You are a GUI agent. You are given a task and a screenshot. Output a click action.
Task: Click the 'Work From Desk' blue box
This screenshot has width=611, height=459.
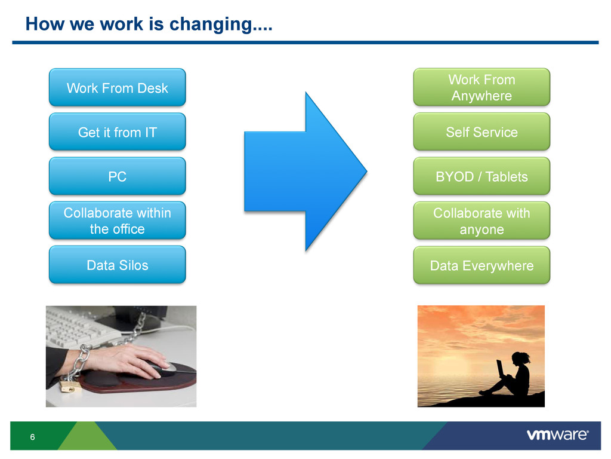click(118, 87)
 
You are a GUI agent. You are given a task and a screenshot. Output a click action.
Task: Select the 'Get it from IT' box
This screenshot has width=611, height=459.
click(118, 132)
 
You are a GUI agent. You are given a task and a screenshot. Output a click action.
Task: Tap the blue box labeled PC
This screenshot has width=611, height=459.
click(118, 176)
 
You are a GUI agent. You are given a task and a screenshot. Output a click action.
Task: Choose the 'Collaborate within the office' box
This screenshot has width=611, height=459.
click(118, 221)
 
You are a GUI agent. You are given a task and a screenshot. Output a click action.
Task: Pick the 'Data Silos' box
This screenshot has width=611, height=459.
click(118, 265)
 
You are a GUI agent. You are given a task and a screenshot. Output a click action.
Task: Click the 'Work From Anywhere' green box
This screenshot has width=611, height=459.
click(482, 87)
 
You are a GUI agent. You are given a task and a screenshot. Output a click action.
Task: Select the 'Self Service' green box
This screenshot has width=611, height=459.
click(482, 132)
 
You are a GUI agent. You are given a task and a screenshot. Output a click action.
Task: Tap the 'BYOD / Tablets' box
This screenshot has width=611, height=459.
click(482, 176)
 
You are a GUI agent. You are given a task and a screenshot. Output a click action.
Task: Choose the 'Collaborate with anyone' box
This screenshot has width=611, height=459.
click(482, 221)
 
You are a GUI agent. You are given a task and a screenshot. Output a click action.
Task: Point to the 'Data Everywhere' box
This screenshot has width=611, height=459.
click(482, 265)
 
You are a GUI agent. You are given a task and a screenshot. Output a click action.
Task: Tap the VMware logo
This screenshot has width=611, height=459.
click(558, 435)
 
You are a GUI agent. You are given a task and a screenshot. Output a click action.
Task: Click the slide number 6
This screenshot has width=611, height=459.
click(32, 437)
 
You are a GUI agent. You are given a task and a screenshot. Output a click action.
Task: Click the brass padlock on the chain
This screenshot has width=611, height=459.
click(69, 387)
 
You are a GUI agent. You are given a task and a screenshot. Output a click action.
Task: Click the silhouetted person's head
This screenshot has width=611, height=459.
click(520, 359)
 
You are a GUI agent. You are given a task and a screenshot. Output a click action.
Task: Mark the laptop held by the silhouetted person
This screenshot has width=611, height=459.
click(501, 369)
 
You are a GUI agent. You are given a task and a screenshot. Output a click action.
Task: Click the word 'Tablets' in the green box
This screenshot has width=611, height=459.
click(506, 177)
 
